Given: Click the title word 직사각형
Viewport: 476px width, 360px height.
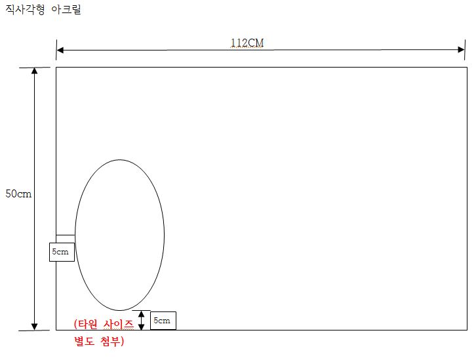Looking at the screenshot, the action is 25,9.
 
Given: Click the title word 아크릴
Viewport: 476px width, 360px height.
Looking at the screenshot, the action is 66,9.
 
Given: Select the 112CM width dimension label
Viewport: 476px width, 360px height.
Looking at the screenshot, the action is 247,43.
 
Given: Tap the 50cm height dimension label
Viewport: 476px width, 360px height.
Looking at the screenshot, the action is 18,193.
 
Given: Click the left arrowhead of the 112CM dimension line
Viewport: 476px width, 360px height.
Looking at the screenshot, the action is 60,50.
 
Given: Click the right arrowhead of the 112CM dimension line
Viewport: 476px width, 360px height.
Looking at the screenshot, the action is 461,50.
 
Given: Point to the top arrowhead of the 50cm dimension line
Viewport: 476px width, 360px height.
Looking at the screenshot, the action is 35,71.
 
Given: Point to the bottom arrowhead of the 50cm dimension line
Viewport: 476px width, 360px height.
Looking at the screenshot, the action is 35,327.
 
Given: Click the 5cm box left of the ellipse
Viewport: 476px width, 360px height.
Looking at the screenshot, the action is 62,252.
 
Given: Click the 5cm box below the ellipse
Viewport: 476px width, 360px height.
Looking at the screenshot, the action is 163,321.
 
